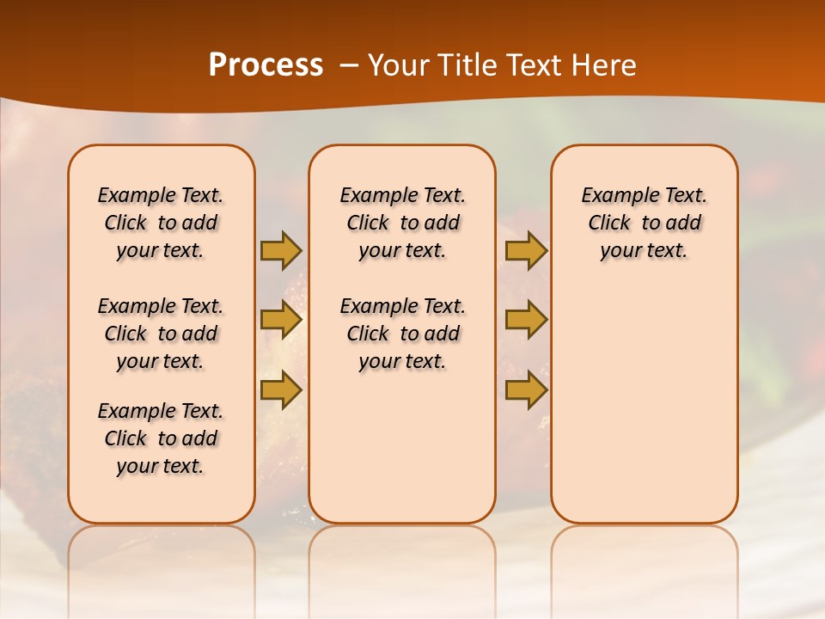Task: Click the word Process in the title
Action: click(266, 65)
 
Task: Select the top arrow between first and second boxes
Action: click(281, 250)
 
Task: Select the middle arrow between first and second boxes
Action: click(281, 320)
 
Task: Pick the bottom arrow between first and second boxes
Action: click(281, 389)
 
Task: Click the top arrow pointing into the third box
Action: click(526, 250)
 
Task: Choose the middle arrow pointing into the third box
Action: click(526, 320)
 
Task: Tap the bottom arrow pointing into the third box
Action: click(526, 389)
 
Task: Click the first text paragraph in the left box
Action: click(161, 223)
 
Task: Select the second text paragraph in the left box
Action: click(161, 334)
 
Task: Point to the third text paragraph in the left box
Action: click(161, 438)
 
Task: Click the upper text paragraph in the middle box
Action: click(402, 223)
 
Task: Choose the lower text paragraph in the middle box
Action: click(402, 334)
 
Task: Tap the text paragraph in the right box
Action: click(644, 223)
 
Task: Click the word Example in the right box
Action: click(613, 196)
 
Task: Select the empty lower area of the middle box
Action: click(402, 447)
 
